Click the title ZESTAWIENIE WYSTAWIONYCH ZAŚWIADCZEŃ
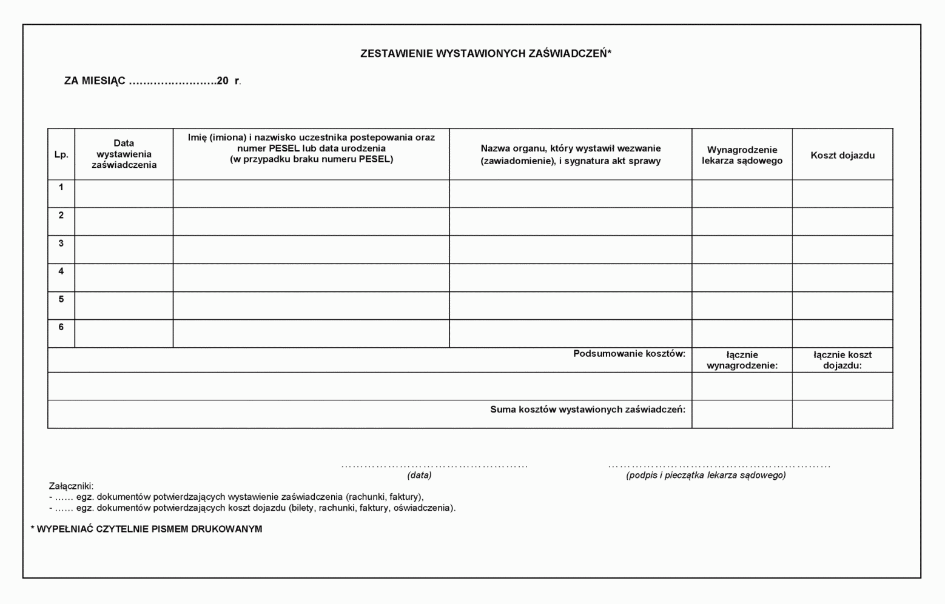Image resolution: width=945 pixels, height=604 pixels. pos(485,53)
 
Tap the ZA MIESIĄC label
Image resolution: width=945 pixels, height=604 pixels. pos(95,81)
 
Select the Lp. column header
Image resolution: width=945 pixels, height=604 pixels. pos(61,154)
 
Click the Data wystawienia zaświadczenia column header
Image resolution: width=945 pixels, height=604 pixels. pos(124,154)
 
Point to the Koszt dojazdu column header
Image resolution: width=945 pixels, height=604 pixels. pos(842,155)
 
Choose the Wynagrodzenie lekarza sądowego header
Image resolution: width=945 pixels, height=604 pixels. pos(742,155)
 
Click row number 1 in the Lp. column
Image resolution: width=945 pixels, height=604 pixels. pos(61,187)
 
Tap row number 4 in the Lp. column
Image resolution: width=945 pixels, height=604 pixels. pos(61,271)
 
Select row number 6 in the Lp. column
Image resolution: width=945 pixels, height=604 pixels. pos(61,327)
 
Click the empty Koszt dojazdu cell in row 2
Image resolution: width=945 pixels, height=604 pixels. pos(842,221)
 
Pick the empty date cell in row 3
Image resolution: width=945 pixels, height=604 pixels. pos(124,249)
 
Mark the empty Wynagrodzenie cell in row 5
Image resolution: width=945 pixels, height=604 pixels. pos(742,305)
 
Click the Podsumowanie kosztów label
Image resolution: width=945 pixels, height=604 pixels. pos(629,353)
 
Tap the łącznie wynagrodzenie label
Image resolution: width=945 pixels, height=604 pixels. pos(742,360)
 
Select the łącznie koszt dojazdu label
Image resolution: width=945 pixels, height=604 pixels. pos(842,360)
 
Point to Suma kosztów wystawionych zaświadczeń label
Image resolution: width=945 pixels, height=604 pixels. pos(587,410)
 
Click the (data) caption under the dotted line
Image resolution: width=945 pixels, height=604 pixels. pos(419,475)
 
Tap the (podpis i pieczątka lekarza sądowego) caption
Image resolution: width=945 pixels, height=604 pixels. pos(705,475)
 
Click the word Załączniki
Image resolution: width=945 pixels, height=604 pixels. pos(71,486)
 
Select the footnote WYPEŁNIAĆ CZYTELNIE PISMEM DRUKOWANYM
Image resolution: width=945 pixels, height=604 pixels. pos(149,529)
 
